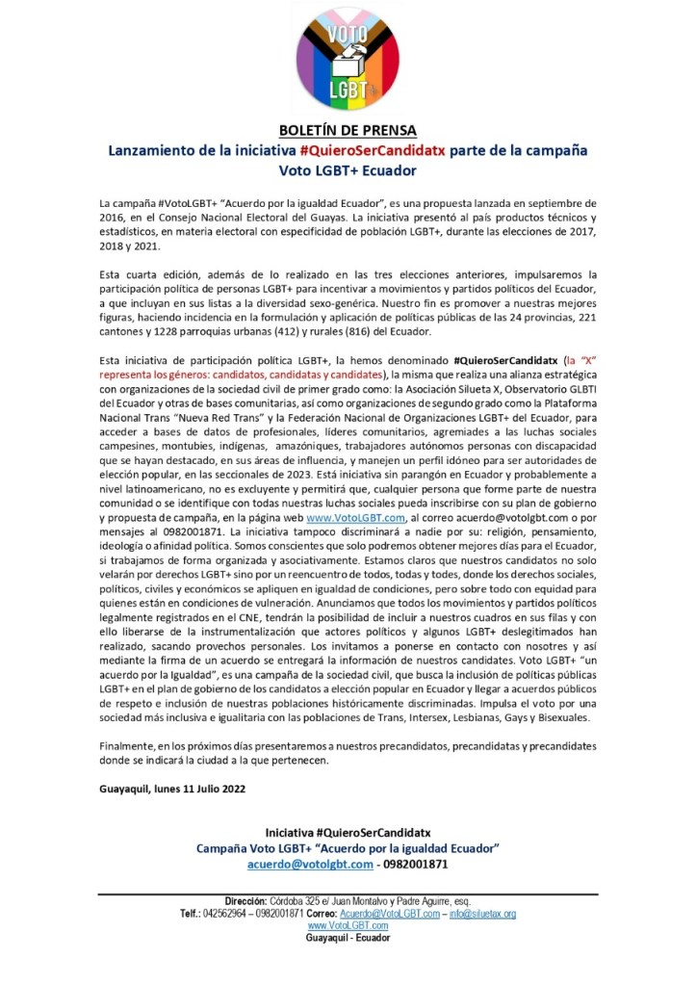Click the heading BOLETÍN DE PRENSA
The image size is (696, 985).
(348, 130)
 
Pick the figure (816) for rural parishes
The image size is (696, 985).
(378, 331)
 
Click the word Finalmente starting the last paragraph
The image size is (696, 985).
(130, 747)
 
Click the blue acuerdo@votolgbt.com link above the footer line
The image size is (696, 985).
(310, 864)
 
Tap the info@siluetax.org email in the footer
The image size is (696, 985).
(482, 914)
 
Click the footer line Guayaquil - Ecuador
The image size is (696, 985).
(348, 938)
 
